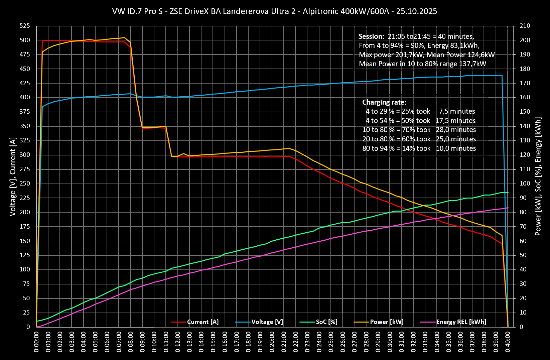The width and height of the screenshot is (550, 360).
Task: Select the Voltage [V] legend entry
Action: (267, 322)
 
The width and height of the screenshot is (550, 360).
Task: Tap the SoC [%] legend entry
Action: (326, 322)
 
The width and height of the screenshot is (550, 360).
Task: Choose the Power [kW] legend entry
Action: (387, 322)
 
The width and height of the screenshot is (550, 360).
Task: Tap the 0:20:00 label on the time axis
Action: (272, 342)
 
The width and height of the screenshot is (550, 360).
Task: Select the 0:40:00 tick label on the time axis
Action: (508, 342)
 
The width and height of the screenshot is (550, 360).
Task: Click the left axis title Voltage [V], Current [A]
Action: (13, 176)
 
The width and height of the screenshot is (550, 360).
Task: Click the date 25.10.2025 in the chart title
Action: (417, 11)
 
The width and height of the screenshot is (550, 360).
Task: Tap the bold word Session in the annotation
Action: (371, 36)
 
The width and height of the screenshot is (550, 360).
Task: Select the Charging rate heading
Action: (384, 102)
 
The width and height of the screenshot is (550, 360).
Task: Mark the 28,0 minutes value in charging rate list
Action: (456, 130)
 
